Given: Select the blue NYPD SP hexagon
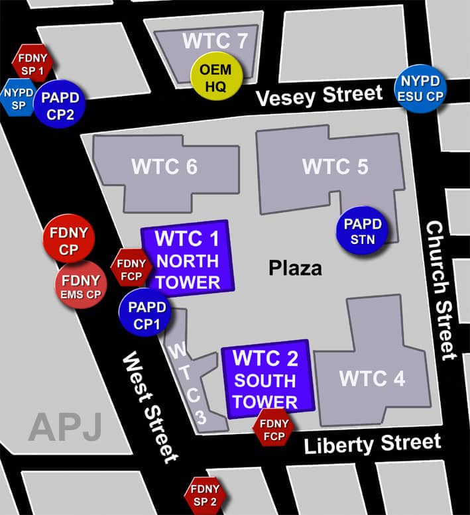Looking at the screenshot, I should (18, 97).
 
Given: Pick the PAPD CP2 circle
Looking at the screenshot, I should (60, 104).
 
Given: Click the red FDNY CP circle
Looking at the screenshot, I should (68, 240).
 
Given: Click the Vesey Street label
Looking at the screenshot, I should (320, 95).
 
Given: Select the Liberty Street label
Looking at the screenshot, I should (372, 443).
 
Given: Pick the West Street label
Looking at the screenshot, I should (149, 408).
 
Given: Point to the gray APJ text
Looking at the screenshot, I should (64, 428).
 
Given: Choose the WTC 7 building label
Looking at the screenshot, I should (215, 41).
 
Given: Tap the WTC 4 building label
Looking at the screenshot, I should (372, 378).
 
